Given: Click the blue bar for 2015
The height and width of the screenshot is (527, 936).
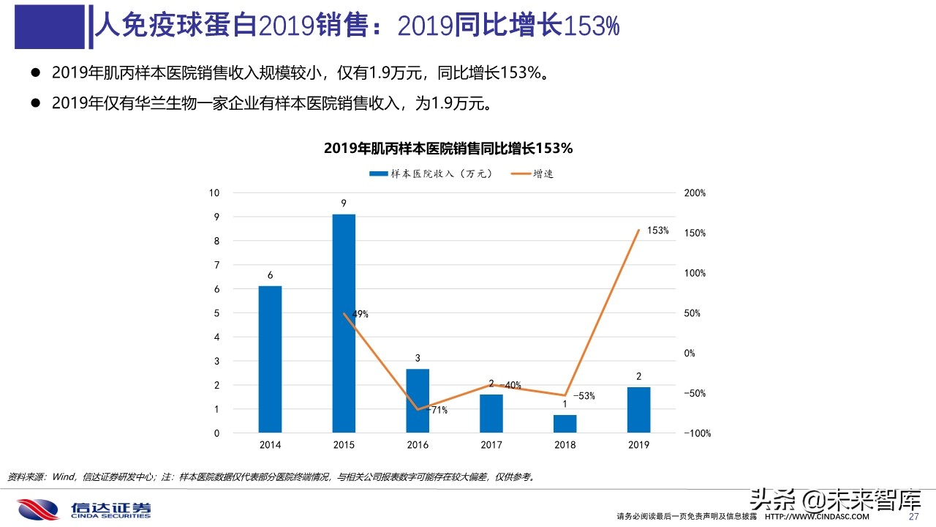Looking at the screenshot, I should tap(344, 323).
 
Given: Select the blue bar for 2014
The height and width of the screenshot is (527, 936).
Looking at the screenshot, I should tap(270, 359).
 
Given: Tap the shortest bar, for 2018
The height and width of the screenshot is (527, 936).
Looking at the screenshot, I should tap(565, 424).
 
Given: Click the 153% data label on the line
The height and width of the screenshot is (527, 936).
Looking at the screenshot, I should tap(657, 231).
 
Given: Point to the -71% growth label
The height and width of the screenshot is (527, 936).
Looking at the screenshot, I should tap(437, 410).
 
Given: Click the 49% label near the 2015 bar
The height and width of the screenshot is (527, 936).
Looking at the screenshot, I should tap(359, 314).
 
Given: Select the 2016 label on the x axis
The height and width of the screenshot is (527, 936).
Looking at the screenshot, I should tap(418, 444).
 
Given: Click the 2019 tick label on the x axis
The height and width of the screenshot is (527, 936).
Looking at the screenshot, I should tap(638, 444).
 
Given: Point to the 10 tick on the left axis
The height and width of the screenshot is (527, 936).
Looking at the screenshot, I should tap(214, 193).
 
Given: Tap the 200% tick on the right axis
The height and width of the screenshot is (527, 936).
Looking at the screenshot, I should tap(695, 193).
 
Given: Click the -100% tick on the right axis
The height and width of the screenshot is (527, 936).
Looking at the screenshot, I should tap(697, 433).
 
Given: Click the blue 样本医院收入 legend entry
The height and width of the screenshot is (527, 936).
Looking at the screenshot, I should tap(431, 173).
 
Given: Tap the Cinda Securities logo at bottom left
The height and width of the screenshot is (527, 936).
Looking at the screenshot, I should tap(84, 509).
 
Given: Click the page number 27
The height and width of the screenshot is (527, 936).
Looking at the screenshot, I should tap(913, 517).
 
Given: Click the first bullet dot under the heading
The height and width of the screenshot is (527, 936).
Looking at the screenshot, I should tap(34, 72).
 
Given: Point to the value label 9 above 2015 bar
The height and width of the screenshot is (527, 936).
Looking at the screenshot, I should tap(344, 203).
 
